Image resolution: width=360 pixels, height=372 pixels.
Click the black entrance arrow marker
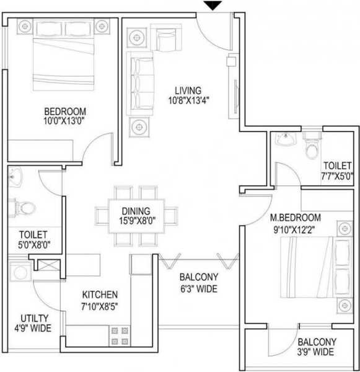click(214, 6)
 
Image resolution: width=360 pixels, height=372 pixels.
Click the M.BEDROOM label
click(295, 218)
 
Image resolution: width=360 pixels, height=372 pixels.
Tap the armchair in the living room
click(165, 39)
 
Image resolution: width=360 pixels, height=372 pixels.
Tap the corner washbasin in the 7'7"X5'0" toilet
click(286, 140)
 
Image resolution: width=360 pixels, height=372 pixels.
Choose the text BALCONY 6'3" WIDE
click(198, 283)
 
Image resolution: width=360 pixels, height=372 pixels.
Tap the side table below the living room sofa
click(138, 127)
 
